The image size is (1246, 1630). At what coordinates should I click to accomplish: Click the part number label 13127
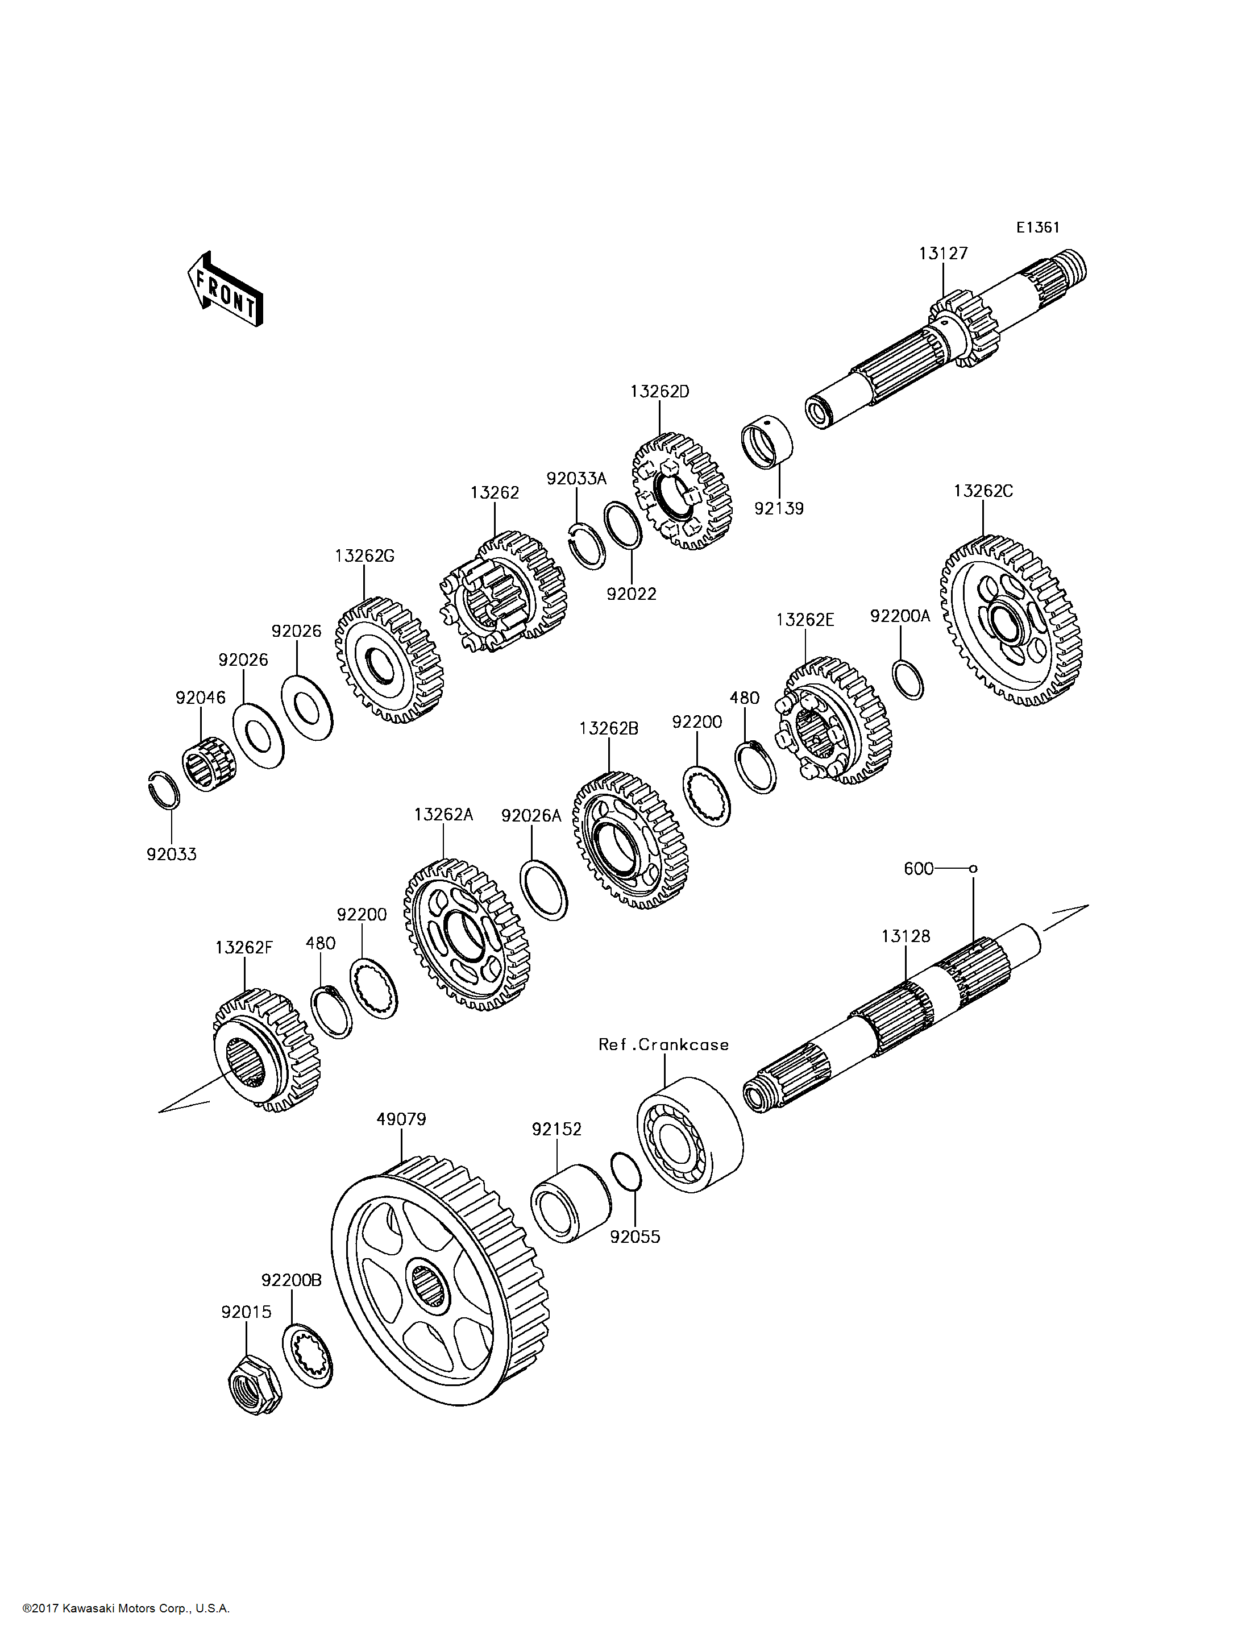click(x=944, y=254)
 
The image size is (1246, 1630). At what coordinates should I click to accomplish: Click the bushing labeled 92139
click(x=767, y=442)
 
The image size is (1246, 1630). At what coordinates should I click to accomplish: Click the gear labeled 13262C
click(x=1011, y=620)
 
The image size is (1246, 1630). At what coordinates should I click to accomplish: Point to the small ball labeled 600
click(x=974, y=868)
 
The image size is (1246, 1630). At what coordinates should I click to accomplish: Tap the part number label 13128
click(x=906, y=936)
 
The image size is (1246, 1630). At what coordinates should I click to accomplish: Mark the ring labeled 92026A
click(x=545, y=890)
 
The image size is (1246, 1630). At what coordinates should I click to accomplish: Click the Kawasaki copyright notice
click(x=126, y=1608)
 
